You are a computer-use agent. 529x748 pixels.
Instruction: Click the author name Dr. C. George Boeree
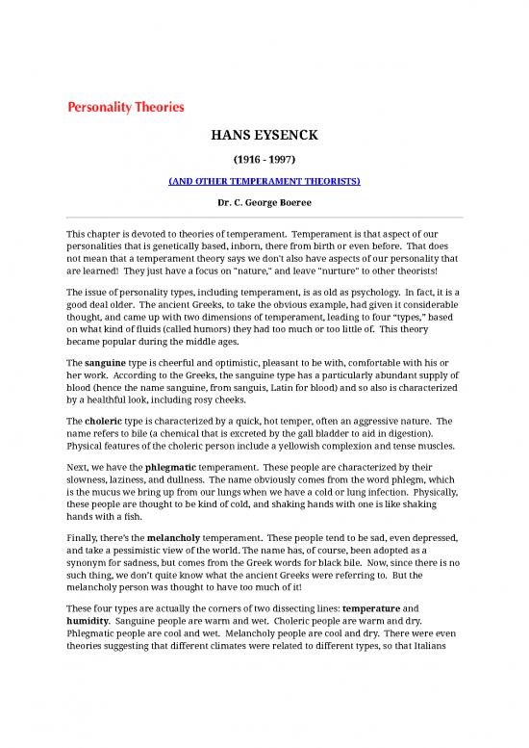264,204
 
